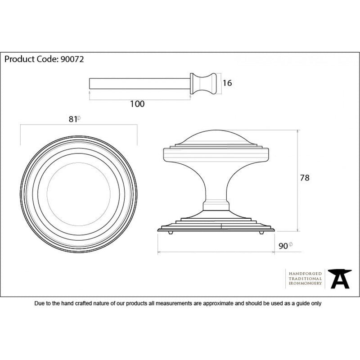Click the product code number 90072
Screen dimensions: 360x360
[72, 59]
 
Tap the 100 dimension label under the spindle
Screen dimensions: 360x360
[137, 104]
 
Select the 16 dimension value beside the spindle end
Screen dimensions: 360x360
[227, 83]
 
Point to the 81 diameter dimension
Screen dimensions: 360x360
[73, 119]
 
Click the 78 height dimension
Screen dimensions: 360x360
[305, 178]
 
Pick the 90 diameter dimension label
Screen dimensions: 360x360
[283, 246]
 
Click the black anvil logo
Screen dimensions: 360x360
[340, 279]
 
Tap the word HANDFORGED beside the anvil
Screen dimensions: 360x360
[305, 274]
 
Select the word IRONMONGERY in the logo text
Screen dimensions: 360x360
[305, 283]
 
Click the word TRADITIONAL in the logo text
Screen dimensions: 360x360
[305, 279]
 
